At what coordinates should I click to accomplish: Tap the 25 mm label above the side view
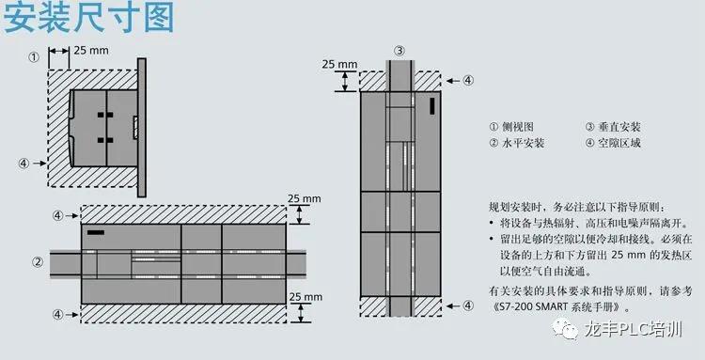click(91, 50)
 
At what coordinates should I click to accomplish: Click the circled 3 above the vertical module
click(399, 51)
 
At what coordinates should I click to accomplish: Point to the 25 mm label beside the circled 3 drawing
click(339, 65)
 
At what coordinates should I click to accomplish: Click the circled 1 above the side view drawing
click(34, 56)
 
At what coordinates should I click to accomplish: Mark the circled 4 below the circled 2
click(58, 314)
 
